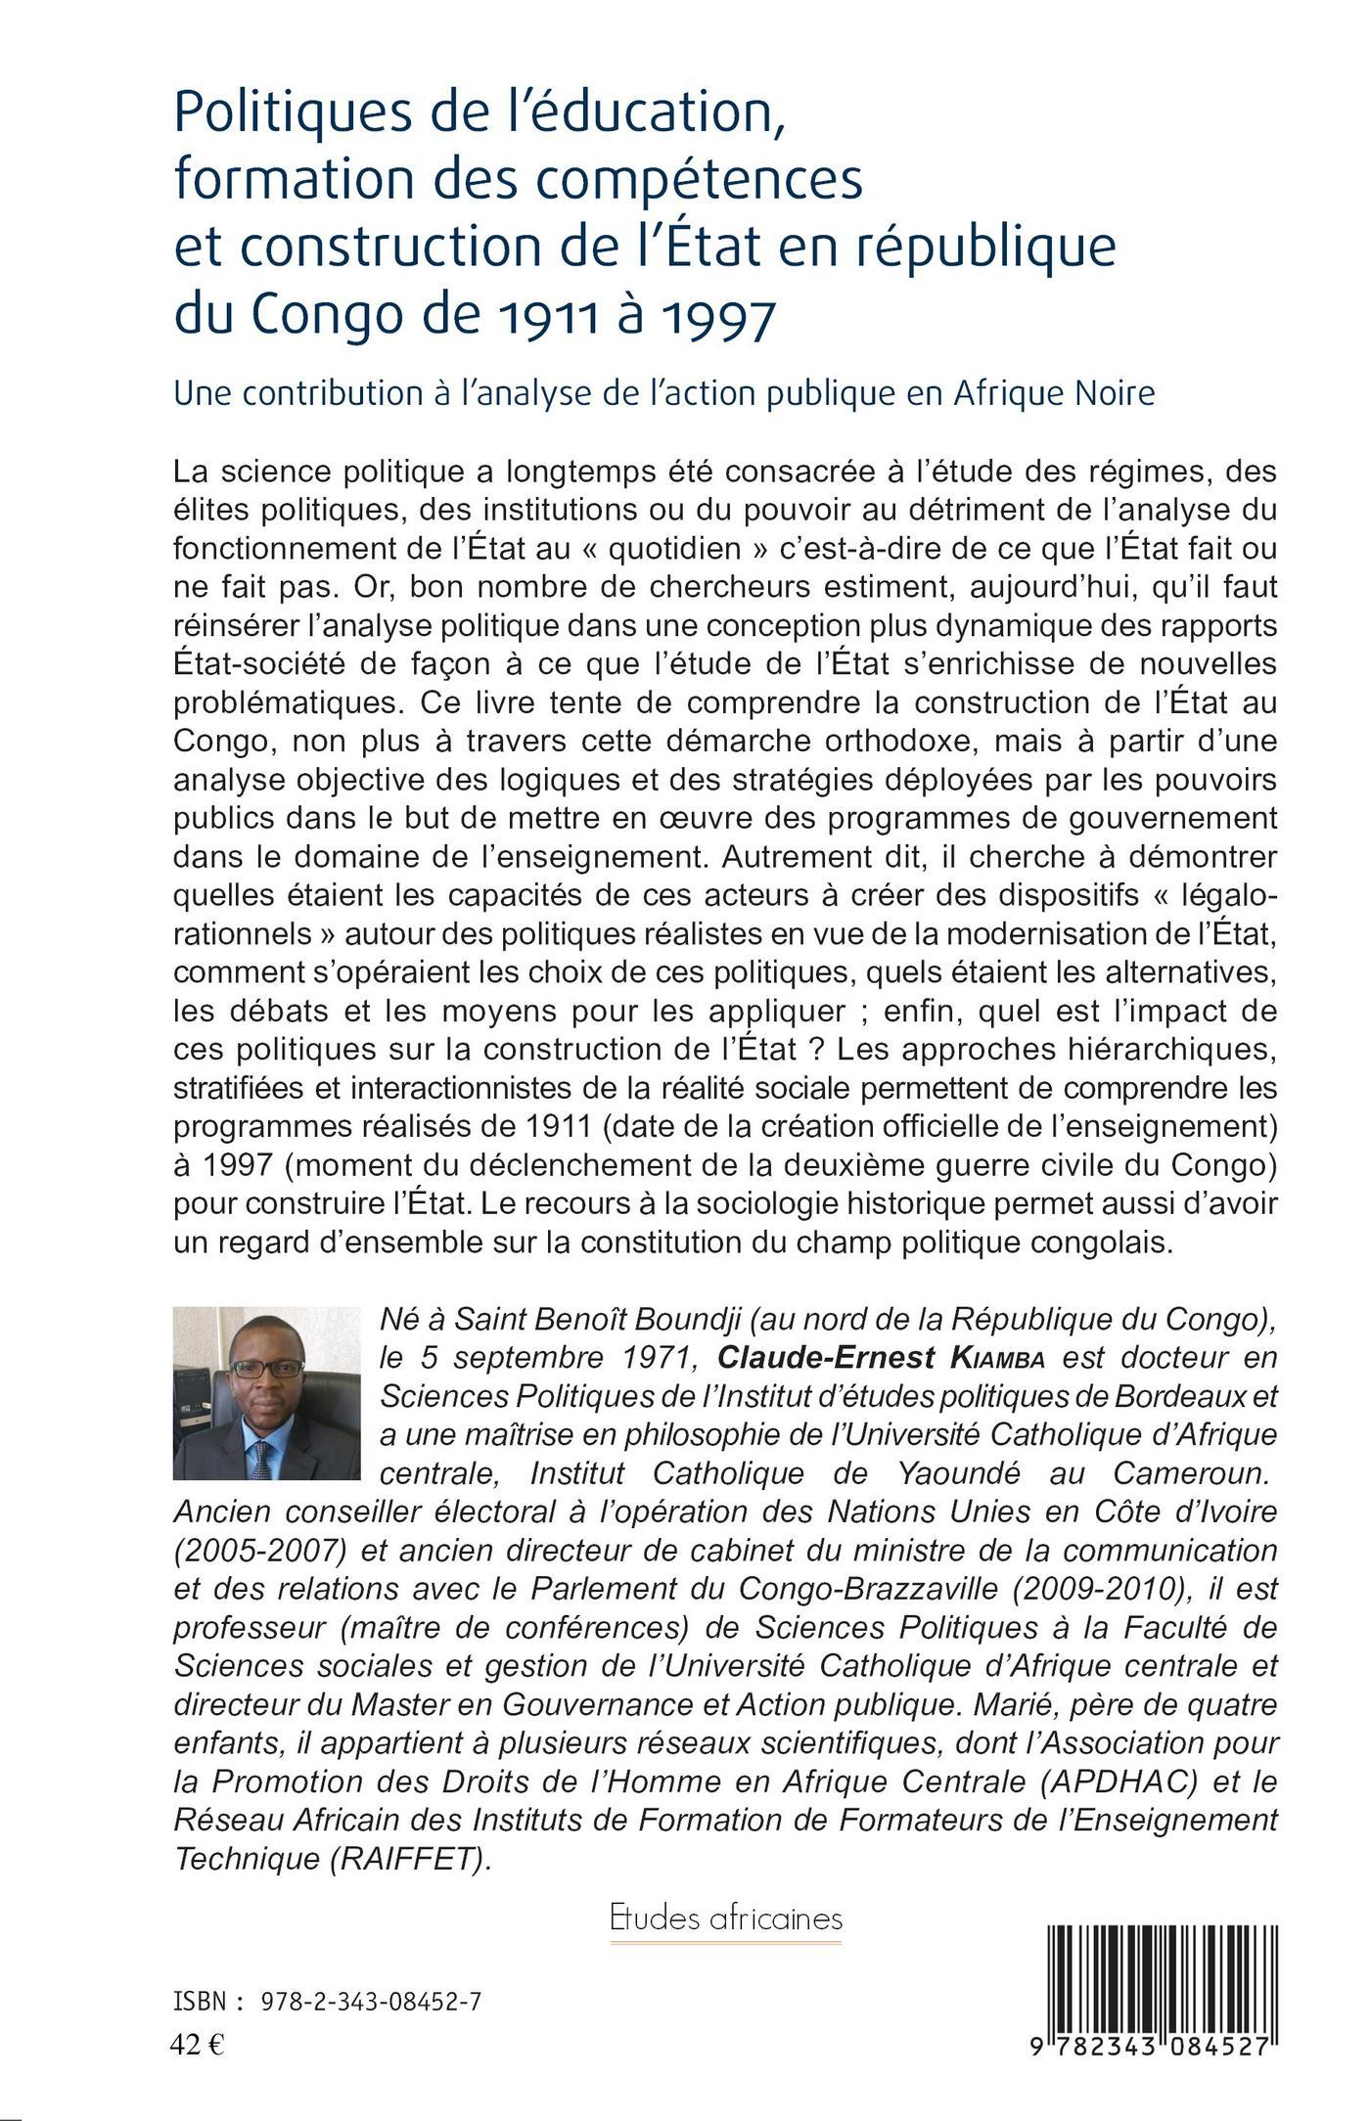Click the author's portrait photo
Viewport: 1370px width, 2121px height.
[266, 1393]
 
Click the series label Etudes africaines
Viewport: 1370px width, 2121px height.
[725, 1918]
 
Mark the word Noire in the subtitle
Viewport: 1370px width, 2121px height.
[1108, 393]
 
